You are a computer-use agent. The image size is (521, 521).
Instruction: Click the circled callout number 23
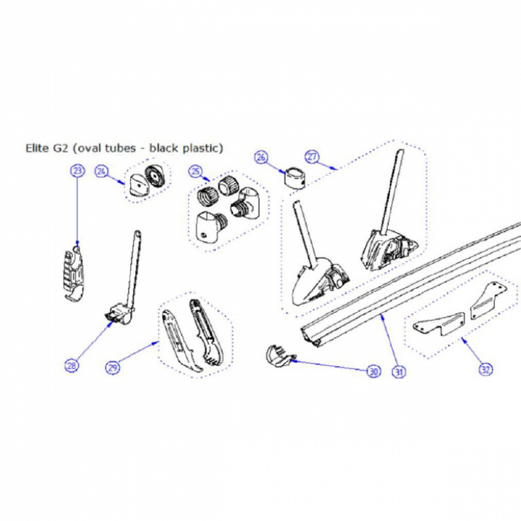(x=77, y=171)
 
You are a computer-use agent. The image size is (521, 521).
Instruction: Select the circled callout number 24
(x=102, y=171)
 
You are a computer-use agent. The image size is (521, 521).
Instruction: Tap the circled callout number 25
(x=195, y=171)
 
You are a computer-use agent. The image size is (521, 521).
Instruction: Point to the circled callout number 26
(x=261, y=157)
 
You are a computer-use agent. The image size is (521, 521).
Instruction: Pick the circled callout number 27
(x=312, y=156)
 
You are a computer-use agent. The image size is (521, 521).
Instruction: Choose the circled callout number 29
(x=113, y=368)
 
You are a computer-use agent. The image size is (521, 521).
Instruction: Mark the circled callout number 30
(x=374, y=371)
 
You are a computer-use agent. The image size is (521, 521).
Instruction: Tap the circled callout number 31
(x=399, y=371)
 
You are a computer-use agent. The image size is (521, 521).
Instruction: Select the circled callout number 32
(x=486, y=369)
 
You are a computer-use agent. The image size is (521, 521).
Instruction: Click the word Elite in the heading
(x=37, y=148)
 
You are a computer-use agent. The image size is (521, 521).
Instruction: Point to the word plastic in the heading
(x=202, y=148)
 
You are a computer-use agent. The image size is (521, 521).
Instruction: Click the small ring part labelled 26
(x=295, y=178)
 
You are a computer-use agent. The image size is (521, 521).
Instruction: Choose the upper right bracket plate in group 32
(x=488, y=301)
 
